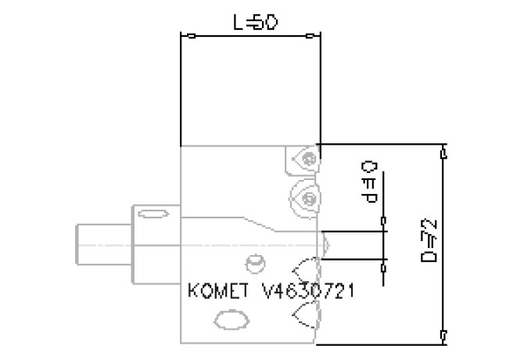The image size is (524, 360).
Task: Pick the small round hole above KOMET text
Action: point(252,261)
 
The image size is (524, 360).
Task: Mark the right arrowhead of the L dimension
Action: point(311,34)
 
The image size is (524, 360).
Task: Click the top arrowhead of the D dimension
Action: point(443,151)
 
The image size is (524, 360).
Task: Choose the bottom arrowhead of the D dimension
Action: point(443,337)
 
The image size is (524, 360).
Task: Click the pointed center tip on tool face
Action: point(328,244)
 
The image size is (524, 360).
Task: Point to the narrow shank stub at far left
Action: point(98,244)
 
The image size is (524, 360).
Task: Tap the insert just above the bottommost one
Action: point(308,271)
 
